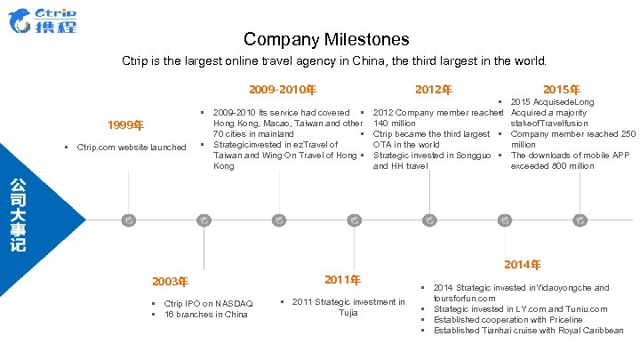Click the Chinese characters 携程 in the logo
click(x=56, y=27)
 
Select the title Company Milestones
click(x=326, y=39)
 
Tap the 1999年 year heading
click(x=124, y=124)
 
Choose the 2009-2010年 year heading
click(x=283, y=89)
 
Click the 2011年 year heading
click(x=342, y=280)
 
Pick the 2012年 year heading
click(x=434, y=89)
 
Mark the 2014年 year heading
click(x=522, y=264)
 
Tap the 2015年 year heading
click(x=562, y=89)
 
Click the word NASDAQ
click(x=230, y=304)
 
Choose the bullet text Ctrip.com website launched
click(x=132, y=148)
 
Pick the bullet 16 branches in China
click(x=206, y=315)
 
